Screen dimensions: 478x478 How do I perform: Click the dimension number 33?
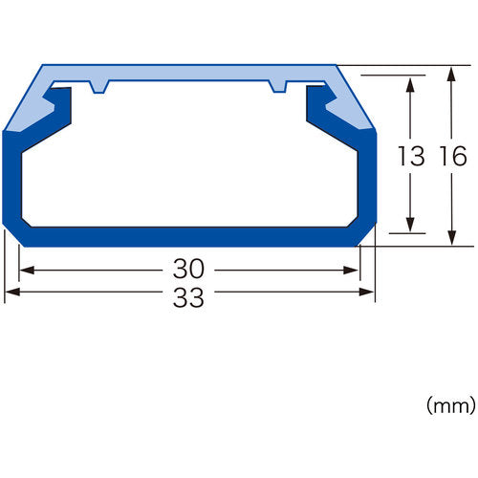[189, 296]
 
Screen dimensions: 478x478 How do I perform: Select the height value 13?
[410, 157]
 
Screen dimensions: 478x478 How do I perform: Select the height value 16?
[451, 157]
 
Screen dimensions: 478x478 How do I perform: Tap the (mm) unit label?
[449, 406]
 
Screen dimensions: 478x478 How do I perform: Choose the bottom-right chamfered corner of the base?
[365, 235]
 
